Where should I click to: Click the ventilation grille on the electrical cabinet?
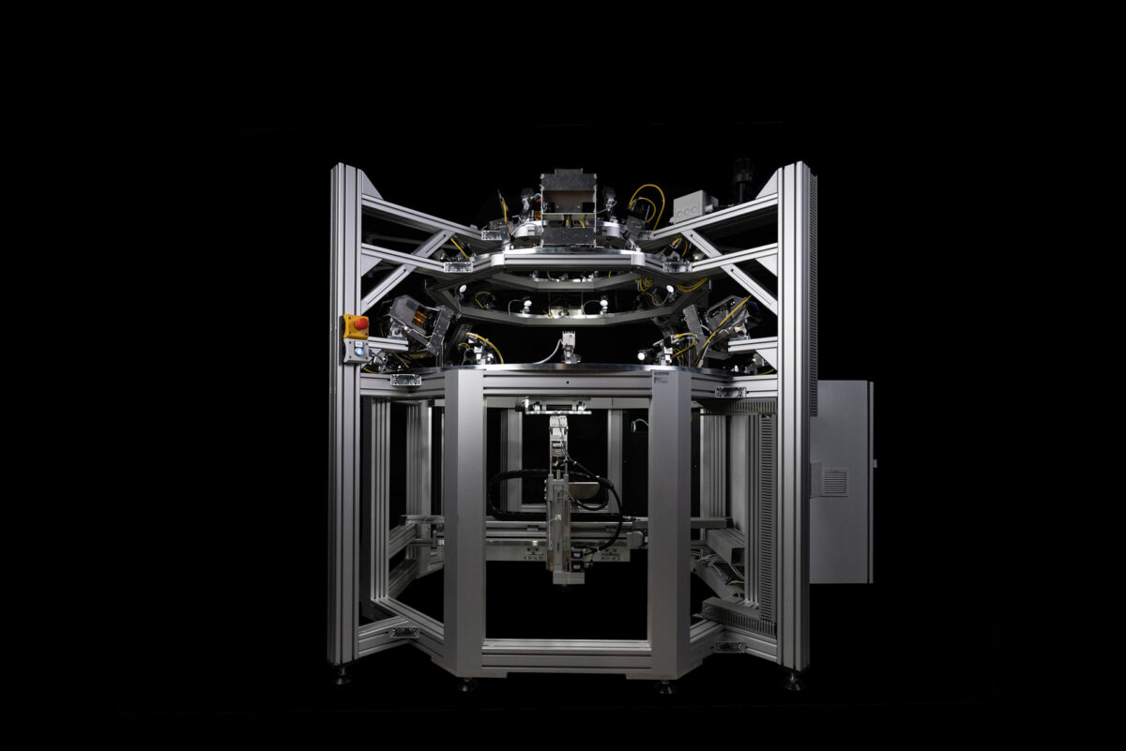click(x=832, y=482)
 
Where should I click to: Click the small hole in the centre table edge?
click(x=569, y=383)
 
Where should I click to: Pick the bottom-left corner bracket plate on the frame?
click(x=404, y=632)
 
